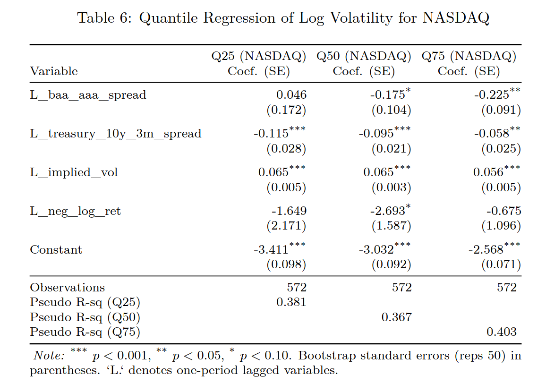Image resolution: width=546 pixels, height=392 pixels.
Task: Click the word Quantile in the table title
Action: point(167,18)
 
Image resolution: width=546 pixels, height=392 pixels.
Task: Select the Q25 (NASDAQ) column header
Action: point(259,57)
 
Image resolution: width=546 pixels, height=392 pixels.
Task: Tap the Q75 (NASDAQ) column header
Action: point(469,57)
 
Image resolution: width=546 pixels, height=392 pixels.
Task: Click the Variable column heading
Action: point(54,71)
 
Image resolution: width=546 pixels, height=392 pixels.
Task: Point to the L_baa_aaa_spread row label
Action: point(88,95)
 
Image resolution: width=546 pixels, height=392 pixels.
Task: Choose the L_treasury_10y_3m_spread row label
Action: point(116,134)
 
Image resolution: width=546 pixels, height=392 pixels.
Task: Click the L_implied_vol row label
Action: point(74,172)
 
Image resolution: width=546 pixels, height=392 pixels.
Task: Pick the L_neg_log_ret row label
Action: point(75,211)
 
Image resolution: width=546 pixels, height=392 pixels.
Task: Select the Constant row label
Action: point(56,250)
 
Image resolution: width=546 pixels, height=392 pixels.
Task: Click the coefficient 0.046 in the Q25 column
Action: point(291,95)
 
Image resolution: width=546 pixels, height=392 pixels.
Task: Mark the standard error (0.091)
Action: point(501,110)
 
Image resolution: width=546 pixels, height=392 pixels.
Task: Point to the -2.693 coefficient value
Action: point(387,211)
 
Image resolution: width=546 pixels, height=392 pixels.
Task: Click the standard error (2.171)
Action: point(286,226)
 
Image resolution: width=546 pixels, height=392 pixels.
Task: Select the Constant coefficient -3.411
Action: point(271,250)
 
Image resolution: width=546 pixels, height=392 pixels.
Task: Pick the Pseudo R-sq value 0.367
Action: point(396,317)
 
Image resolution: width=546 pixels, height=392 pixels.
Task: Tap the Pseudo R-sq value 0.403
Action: point(502,332)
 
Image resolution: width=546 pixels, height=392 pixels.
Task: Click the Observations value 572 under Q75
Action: point(507,288)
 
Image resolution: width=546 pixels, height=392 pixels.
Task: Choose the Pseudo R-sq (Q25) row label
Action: point(85,302)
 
